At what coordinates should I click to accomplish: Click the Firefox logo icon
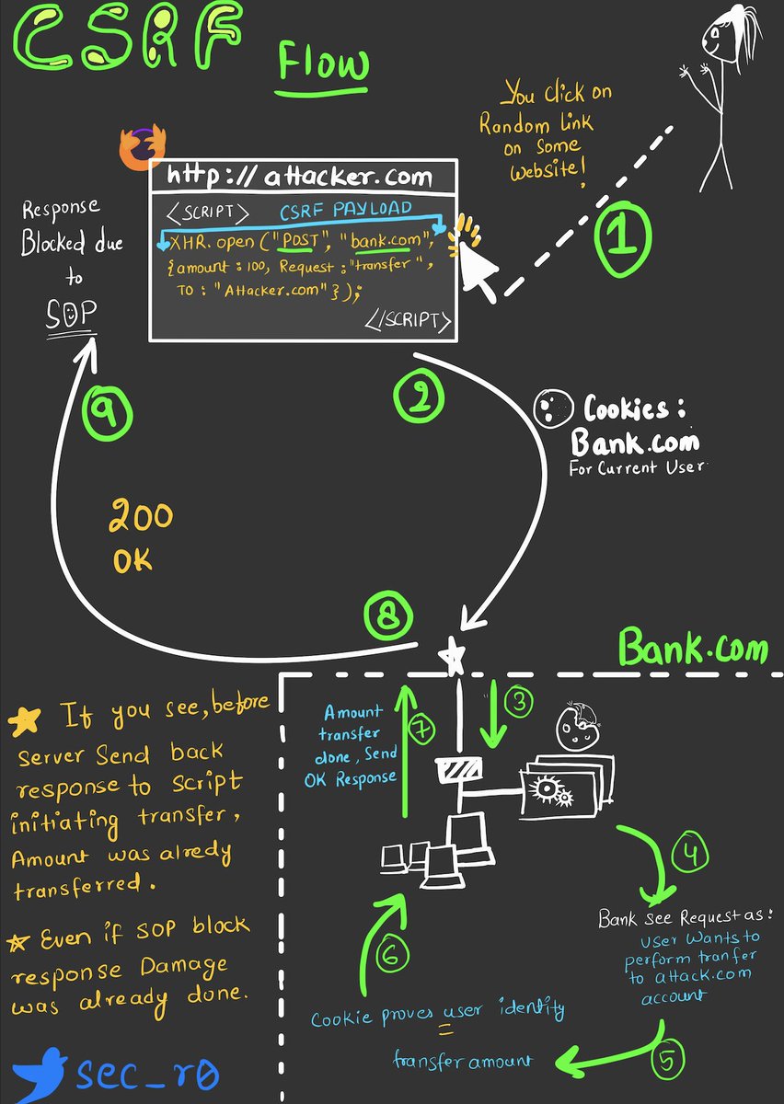coord(143,145)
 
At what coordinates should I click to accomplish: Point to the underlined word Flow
coord(324,65)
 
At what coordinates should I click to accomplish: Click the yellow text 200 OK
coord(140,536)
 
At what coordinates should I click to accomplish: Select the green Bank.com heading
coord(693,648)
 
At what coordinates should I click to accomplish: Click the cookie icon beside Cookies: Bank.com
coord(549,409)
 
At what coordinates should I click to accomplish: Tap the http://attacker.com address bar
coord(300,176)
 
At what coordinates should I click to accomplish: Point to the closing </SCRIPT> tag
coord(409,321)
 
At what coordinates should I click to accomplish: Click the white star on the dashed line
coord(451,656)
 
